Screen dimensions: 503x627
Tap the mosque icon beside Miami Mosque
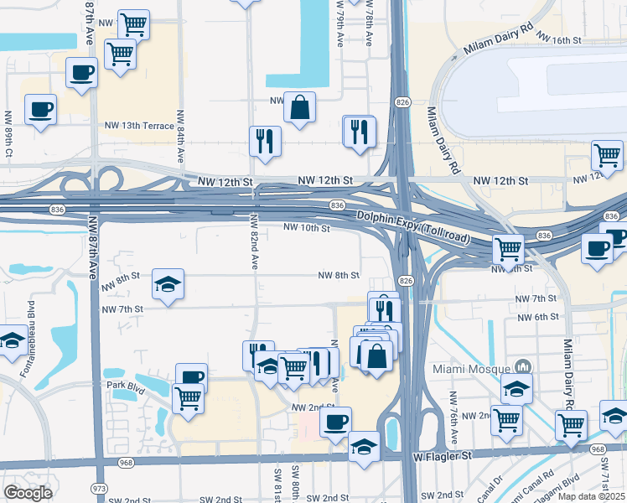(523, 367)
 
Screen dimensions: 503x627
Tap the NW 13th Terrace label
(139, 126)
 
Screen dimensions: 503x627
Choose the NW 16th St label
(560, 39)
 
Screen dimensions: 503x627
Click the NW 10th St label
(307, 227)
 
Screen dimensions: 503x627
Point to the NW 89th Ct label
(8, 134)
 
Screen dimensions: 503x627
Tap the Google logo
(28, 493)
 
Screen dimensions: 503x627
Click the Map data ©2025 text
(592, 496)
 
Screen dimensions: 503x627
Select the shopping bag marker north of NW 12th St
(298, 108)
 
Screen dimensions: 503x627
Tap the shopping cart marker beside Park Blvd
(188, 397)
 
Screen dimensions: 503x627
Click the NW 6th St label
(538, 316)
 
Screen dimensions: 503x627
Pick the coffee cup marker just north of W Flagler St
(335, 422)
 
